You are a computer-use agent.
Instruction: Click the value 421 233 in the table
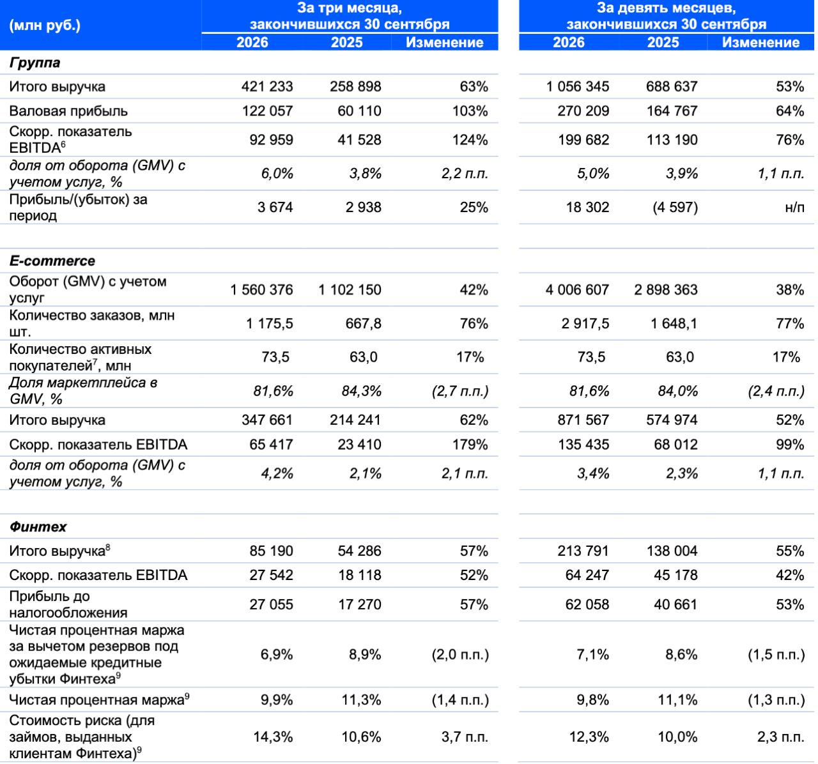pyautogui.click(x=267, y=86)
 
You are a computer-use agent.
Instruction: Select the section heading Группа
pyautogui.click(x=35, y=63)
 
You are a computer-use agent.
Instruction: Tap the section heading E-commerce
pyautogui.click(x=52, y=261)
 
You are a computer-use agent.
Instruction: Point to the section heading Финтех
pyautogui.click(x=38, y=527)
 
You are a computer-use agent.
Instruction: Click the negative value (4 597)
pyautogui.click(x=675, y=207)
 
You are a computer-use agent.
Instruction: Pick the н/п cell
pyautogui.click(x=794, y=208)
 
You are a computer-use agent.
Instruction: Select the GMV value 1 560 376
pyautogui.click(x=261, y=290)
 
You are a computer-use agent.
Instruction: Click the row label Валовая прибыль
pyautogui.click(x=68, y=111)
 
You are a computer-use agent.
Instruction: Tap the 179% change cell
pyautogui.click(x=470, y=445)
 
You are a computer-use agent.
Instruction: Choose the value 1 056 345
pyautogui.click(x=578, y=86)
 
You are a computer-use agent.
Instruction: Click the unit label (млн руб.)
pyautogui.click(x=45, y=26)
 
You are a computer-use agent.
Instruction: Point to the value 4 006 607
pyautogui.click(x=577, y=290)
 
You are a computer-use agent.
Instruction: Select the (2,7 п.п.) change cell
pyautogui.click(x=460, y=391)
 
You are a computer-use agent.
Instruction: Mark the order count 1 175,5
pyautogui.click(x=270, y=324)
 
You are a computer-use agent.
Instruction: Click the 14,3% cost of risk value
pyautogui.click(x=273, y=737)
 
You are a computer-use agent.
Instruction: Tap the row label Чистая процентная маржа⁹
pyautogui.click(x=99, y=699)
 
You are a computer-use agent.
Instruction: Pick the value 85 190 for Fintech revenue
pyautogui.click(x=271, y=551)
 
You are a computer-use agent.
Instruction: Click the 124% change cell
pyautogui.click(x=470, y=140)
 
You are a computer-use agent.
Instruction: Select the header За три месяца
pyautogui.click(x=350, y=8)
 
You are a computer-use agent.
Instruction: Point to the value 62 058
pyautogui.click(x=587, y=604)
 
